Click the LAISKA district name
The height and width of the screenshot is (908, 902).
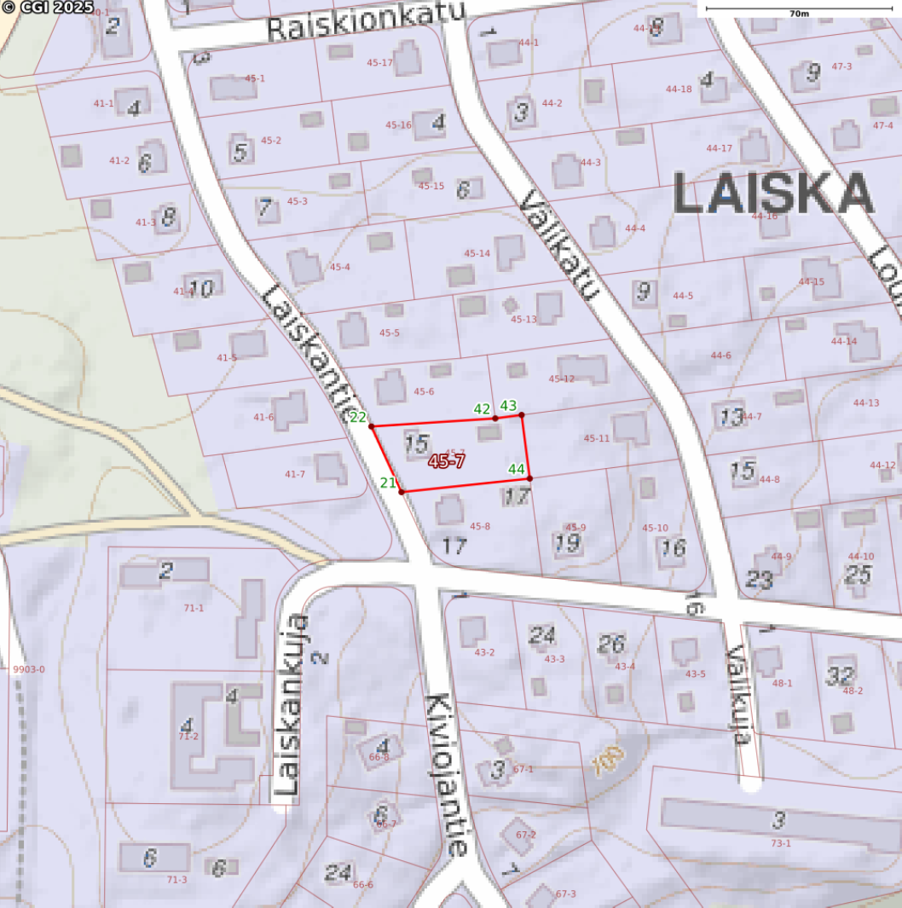[773, 194]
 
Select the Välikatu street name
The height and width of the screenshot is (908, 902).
[559, 246]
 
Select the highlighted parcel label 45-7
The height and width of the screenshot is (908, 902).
[447, 461]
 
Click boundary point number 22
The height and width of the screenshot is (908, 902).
[372, 425]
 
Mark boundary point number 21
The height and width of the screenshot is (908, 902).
[401, 491]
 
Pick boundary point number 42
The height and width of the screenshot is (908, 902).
[494, 418]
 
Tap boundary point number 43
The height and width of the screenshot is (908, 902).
[522, 414]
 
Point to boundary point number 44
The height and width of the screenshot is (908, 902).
[529, 477]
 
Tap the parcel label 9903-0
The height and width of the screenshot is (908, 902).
[29, 669]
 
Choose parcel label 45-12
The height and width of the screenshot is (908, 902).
[562, 379]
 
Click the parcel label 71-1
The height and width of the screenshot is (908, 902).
[194, 608]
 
